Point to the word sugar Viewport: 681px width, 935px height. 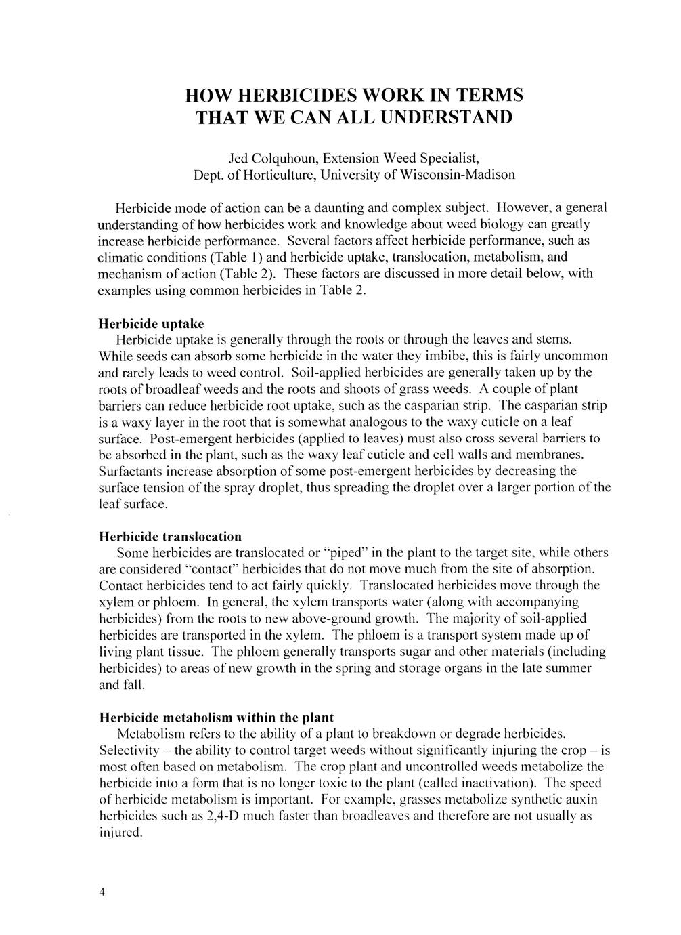(393, 652)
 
